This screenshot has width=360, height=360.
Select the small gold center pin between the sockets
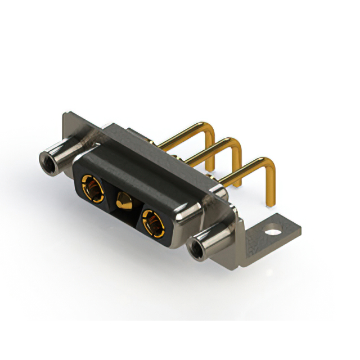122,201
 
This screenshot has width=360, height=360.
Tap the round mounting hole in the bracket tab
274,231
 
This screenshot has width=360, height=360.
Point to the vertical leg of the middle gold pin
239,166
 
